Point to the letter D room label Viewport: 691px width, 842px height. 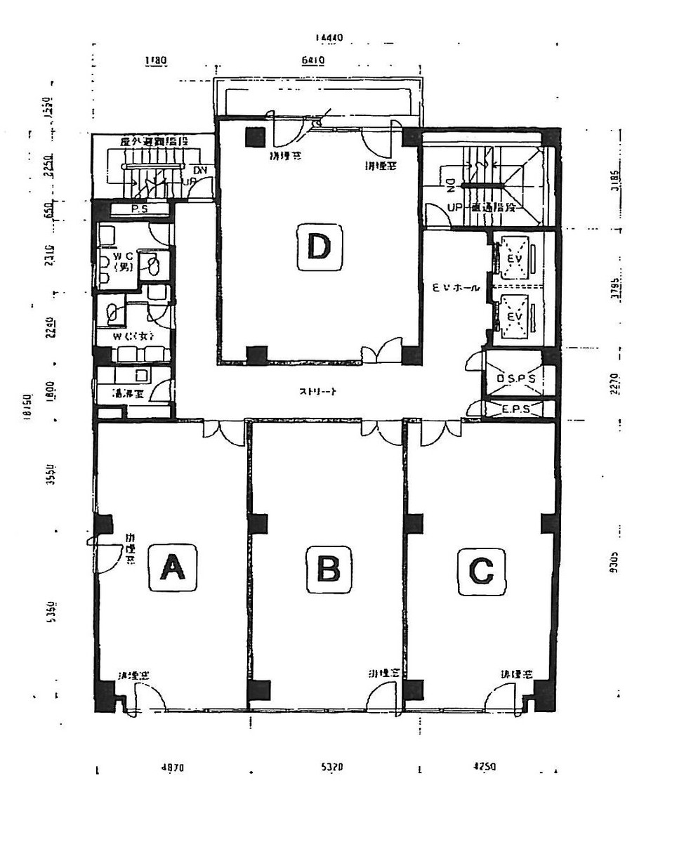tap(319, 247)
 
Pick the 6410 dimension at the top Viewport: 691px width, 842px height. tap(312, 60)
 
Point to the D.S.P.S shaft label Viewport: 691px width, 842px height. tap(516, 379)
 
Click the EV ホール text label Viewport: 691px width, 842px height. tap(455, 287)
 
